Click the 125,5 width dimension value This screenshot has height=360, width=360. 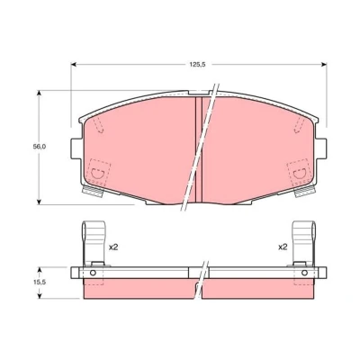coord(197,65)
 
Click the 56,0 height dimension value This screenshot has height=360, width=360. coord(39,147)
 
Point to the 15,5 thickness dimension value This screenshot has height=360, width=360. coord(39,283)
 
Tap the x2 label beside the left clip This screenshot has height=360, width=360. coord(113,247)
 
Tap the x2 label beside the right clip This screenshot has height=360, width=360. coord(283,247)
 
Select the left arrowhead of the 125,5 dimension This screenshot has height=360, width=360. coord(73,64)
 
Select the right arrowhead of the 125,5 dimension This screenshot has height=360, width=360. coord(324,64)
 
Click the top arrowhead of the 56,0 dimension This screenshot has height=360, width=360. coord(39,93)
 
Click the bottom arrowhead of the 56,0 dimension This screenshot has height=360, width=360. coord(39,202)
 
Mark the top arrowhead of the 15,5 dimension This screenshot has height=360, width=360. coord(40,269)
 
